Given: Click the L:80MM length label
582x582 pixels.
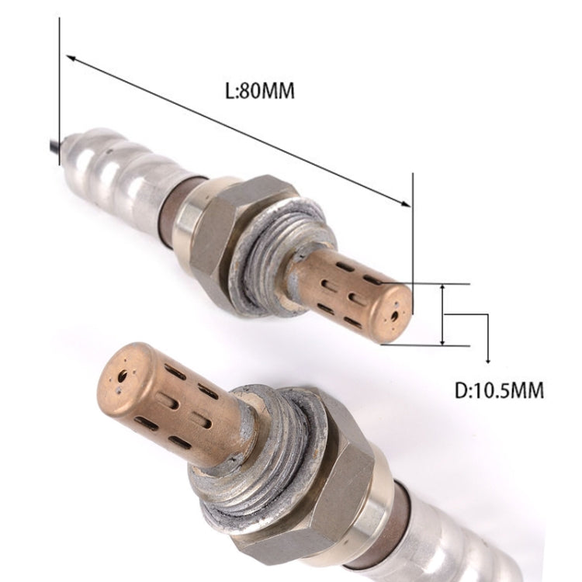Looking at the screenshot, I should pyautogui.click(x=259, y=91).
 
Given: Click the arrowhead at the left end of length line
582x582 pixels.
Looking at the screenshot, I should pyautogui.click(x=71, y=58).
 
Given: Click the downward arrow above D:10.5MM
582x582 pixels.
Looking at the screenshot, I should pyautogui.click(x=487, y=359).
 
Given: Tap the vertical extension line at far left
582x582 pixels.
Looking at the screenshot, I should pyautogui.click(x=59, y=85).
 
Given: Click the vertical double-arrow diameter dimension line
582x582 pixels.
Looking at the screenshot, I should pyautogui.click(x=442, y=314).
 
